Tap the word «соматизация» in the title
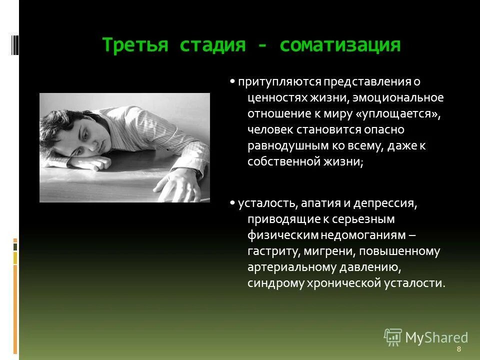[x=340, y=45]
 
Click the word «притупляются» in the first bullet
[x=270, y=81]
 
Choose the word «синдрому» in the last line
[x=272, y=283]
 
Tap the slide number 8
[x=458, y=349]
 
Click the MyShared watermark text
[x=436, y=337]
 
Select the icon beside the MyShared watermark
[x=393, y=337]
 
